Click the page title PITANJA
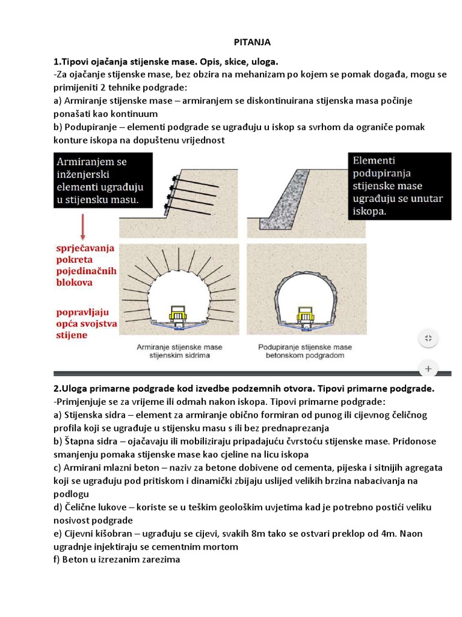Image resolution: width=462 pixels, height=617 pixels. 252,42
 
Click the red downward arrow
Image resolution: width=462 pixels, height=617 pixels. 82,229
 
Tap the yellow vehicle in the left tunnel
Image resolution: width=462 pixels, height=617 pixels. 177,314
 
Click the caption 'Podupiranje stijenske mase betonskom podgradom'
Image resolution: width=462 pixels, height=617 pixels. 305,351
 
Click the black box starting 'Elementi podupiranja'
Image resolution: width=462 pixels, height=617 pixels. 399,186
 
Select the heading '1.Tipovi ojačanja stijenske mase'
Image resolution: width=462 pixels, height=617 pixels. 166,62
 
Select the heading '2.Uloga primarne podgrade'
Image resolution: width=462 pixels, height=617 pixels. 244,389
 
